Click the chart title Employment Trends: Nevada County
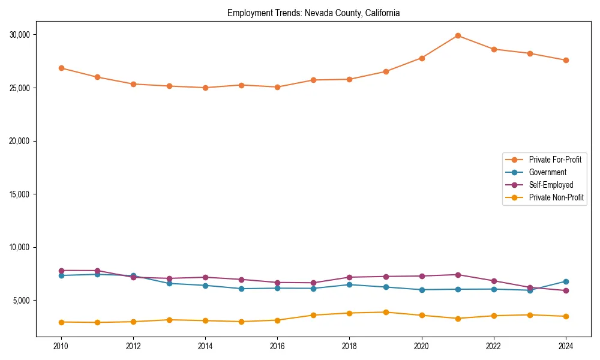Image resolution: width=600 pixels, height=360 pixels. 313,13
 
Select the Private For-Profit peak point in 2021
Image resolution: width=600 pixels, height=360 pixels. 458,35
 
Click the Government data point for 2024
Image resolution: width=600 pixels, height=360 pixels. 566,281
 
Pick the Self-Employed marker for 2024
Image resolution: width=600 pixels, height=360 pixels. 566,290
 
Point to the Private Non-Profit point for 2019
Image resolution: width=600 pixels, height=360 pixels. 386,312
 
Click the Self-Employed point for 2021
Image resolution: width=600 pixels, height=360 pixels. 458,275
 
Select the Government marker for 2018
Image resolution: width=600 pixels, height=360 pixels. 350,284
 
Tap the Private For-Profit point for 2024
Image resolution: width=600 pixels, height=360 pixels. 566,60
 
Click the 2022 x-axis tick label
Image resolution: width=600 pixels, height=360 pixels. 494,346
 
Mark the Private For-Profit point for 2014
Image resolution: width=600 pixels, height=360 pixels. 205,88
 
